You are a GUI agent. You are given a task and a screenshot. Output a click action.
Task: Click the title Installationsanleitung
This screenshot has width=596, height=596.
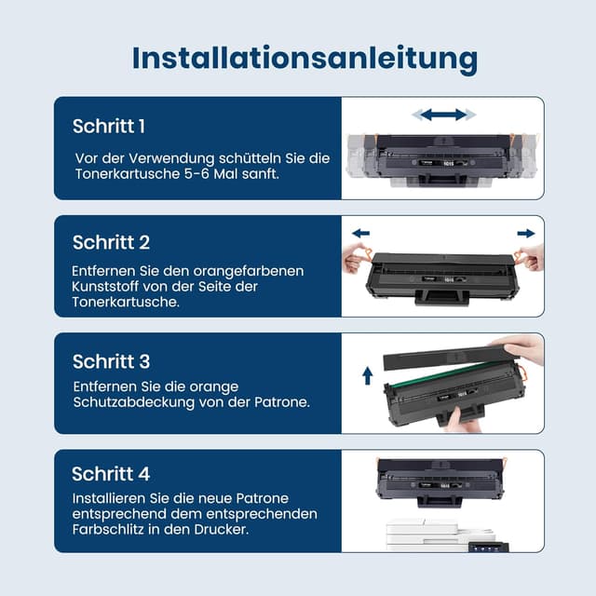pyautogui.click(x=305, y=57)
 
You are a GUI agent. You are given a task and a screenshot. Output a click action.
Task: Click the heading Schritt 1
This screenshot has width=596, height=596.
pyautogui.click(x=109, y=126)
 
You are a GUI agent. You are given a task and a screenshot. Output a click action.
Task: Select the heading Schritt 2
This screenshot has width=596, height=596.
pyautogui.click(x=111, y=242)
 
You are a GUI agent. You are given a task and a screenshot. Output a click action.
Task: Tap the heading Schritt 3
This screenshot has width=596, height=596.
pyautogui.click(x=111, y=361)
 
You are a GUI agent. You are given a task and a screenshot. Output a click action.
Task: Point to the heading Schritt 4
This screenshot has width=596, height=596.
pyautogui.click(x=111, y=474)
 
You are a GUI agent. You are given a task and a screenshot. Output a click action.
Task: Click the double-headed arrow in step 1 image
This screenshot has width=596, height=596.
pyautogui.click(x=444, y=115)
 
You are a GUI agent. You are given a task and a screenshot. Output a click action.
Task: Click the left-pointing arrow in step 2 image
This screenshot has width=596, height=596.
pyautogui.click(x=360, y=233)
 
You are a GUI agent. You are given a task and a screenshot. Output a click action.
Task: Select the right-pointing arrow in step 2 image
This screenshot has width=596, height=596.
pyautogui.click(x=526, y=233)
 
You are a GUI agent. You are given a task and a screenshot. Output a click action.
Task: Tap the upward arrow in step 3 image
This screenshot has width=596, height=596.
pyautogui.click(x=368, y=375)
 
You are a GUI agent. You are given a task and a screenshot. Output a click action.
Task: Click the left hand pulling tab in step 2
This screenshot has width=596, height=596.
pyautogui.click(x=357, y=257)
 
